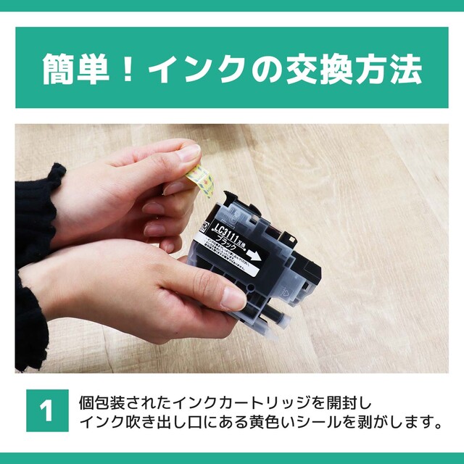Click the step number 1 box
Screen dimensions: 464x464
[47, 411]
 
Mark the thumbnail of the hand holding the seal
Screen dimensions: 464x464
[188, 154]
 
